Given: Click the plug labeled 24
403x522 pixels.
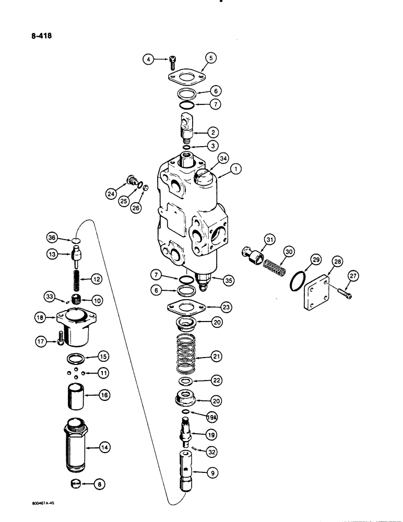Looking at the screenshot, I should coord(131,182).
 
